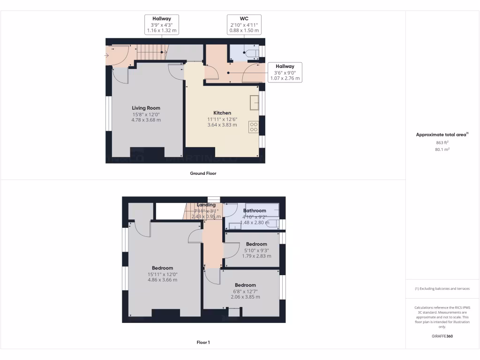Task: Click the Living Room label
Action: coord(146,108)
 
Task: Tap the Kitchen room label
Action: coord(222,113)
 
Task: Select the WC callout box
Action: coord(244,24)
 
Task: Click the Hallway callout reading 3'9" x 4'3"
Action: coord(161,24)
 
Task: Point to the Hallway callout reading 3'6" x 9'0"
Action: coord(285,72)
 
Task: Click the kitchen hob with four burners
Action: coord(254,127)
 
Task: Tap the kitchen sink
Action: coord(254,102)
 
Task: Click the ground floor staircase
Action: coord(150,52)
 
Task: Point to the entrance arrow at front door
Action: coord(107,55)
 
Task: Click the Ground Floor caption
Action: coord(203,173)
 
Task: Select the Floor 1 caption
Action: coord(203,343)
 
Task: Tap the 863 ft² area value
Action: coord(442,142)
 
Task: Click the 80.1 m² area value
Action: coord(442,150)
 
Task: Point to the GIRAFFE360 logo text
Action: coord(442,336)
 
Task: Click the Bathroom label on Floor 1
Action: coord(255,211)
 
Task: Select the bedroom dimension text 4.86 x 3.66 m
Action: coord(162,280)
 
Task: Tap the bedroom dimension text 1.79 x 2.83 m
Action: coord(256,256)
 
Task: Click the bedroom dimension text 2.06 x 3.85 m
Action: coord(245,297)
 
